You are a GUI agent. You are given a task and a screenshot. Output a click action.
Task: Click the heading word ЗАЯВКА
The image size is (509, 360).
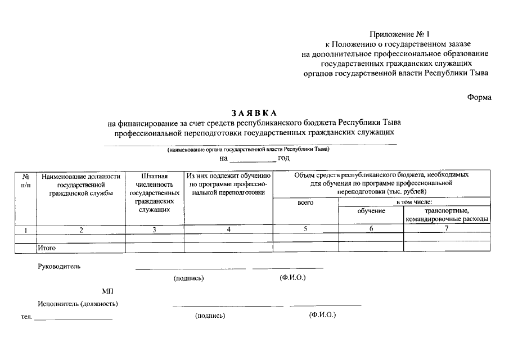(254, 113)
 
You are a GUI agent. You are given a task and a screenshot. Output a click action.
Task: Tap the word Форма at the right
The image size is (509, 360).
(479, 97)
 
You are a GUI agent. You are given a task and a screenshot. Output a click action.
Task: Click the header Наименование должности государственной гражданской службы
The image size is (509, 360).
(81, 184)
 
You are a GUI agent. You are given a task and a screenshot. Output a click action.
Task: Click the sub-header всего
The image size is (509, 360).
(305, 202)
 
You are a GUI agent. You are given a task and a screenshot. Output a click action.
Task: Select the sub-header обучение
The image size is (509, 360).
(371, 210)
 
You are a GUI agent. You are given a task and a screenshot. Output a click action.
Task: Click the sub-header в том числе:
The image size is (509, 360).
(415, 202)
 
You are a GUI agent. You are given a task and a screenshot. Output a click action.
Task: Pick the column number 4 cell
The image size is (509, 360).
(228, 229)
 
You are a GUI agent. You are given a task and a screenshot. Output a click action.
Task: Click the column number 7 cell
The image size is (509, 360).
(446, 228)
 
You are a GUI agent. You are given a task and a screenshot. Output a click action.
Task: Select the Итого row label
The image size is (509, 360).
(47, 247)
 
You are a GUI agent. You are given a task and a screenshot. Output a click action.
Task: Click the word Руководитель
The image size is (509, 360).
(60, 266)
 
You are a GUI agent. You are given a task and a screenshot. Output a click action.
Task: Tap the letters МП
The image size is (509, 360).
(107, 291)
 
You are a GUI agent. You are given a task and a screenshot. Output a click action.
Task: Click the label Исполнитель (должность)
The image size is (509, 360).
(78, 304)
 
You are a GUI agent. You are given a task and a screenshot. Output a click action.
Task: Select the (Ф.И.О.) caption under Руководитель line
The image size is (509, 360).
(292, 278)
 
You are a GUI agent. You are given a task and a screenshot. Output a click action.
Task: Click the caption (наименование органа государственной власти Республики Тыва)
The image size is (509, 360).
(247, 150)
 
